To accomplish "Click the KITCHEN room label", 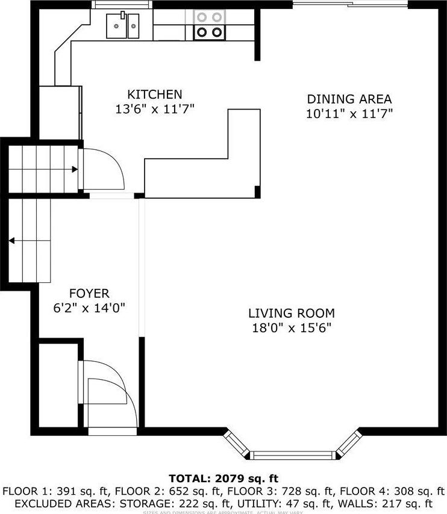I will pyautogui.click(x=154, y=94).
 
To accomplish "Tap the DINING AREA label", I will pyautogui.click(x=349, y=99).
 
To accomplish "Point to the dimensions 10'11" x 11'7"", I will pyautogui.click(x=349, y=114).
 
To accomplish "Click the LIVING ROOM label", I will pyautogui.click(x=292, y=313).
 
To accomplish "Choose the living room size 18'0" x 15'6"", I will pyautogui.click(x=292, y=328).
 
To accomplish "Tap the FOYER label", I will pyautogui.click(x=89, y=294).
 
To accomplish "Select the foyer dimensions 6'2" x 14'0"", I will pyautogui.click(x=89, y=308).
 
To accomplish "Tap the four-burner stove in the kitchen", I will pyautogui.click(x=208, y=26).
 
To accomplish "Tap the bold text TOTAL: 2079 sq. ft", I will pyautogui.click(x=223, y=479).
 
